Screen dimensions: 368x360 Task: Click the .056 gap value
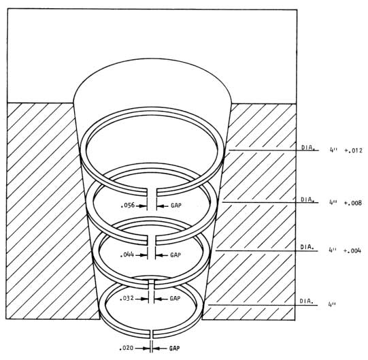pyautogui.click(x=128, y=206)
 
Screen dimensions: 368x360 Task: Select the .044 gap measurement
pyautogui.click(x=127, y=255)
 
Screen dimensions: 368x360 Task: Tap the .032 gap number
pyautogui.click(x=127, y=299)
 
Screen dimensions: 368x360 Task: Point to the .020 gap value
pyautogui.click(x=127, y=348)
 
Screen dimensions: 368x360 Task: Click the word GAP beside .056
pyautogui.click(x=176, y=206)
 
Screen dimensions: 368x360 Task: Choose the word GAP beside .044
pyautogui.click(x=175, y=255)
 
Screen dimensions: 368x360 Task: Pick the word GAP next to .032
pyautogui.click(x=175, y=299)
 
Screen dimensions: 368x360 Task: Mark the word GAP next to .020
pyautogui.click(x=175, y=348)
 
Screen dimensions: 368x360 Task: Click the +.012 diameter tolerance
pyautogui.click(x=354, y=150)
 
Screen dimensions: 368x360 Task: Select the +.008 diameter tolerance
pyautogui.click(x=353, y=203)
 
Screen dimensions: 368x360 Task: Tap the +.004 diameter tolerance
pyautogui.click(x=352, y=251)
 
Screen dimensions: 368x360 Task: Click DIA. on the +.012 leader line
pyautogui.click(x=308, y=148)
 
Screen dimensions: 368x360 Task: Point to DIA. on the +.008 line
pyautogui.click(x=307, y=200)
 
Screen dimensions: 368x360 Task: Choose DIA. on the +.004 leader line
pyautogui.click(x=307, y=247)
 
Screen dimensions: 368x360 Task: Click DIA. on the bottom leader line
pyautogui.click(x=306, y=301)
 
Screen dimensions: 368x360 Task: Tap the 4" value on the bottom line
pyautogui.click(x=332, y=304)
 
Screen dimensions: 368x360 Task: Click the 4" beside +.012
pyautogui.click(x=333, y=150)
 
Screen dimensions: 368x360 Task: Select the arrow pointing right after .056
pyautogui.click(x=141, y=206)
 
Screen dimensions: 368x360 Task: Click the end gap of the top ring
pyautogui.click(x=152, y=191)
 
